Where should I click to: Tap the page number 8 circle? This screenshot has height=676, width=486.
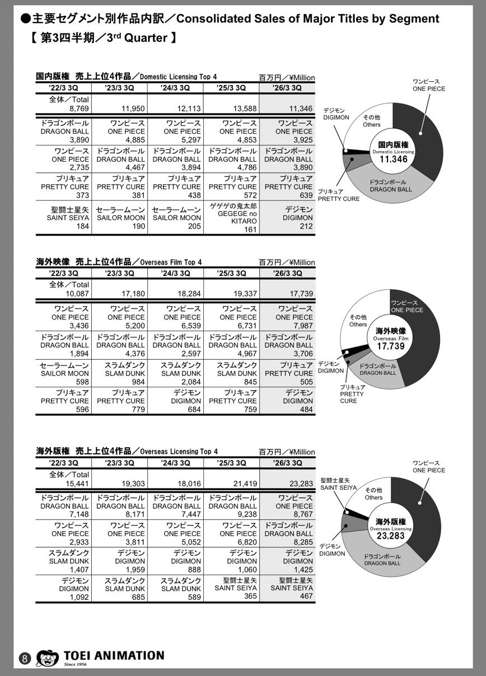coord(25,658)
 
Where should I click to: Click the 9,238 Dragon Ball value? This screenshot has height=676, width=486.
coord(244,515)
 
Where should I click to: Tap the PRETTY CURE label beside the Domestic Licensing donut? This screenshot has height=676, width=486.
coord(338,195)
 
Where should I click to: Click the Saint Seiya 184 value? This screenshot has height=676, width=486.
coord(82,226)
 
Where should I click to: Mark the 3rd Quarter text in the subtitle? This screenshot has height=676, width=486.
coord(145,39)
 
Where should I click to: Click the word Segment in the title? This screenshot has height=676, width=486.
coord(415,18)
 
